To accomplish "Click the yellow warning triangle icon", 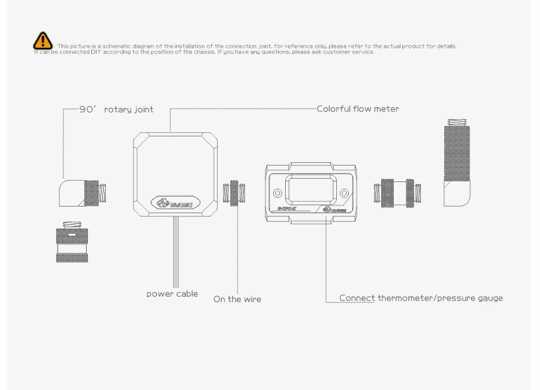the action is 43,40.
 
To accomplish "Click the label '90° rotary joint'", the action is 116,109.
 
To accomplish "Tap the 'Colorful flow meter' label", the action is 357,109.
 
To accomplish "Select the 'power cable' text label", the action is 172,293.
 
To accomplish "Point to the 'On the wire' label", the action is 237,299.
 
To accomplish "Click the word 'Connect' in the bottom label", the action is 357,298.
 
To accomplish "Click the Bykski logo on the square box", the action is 175,202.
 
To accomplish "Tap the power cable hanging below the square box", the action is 175,252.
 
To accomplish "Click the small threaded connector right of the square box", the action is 235,194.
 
